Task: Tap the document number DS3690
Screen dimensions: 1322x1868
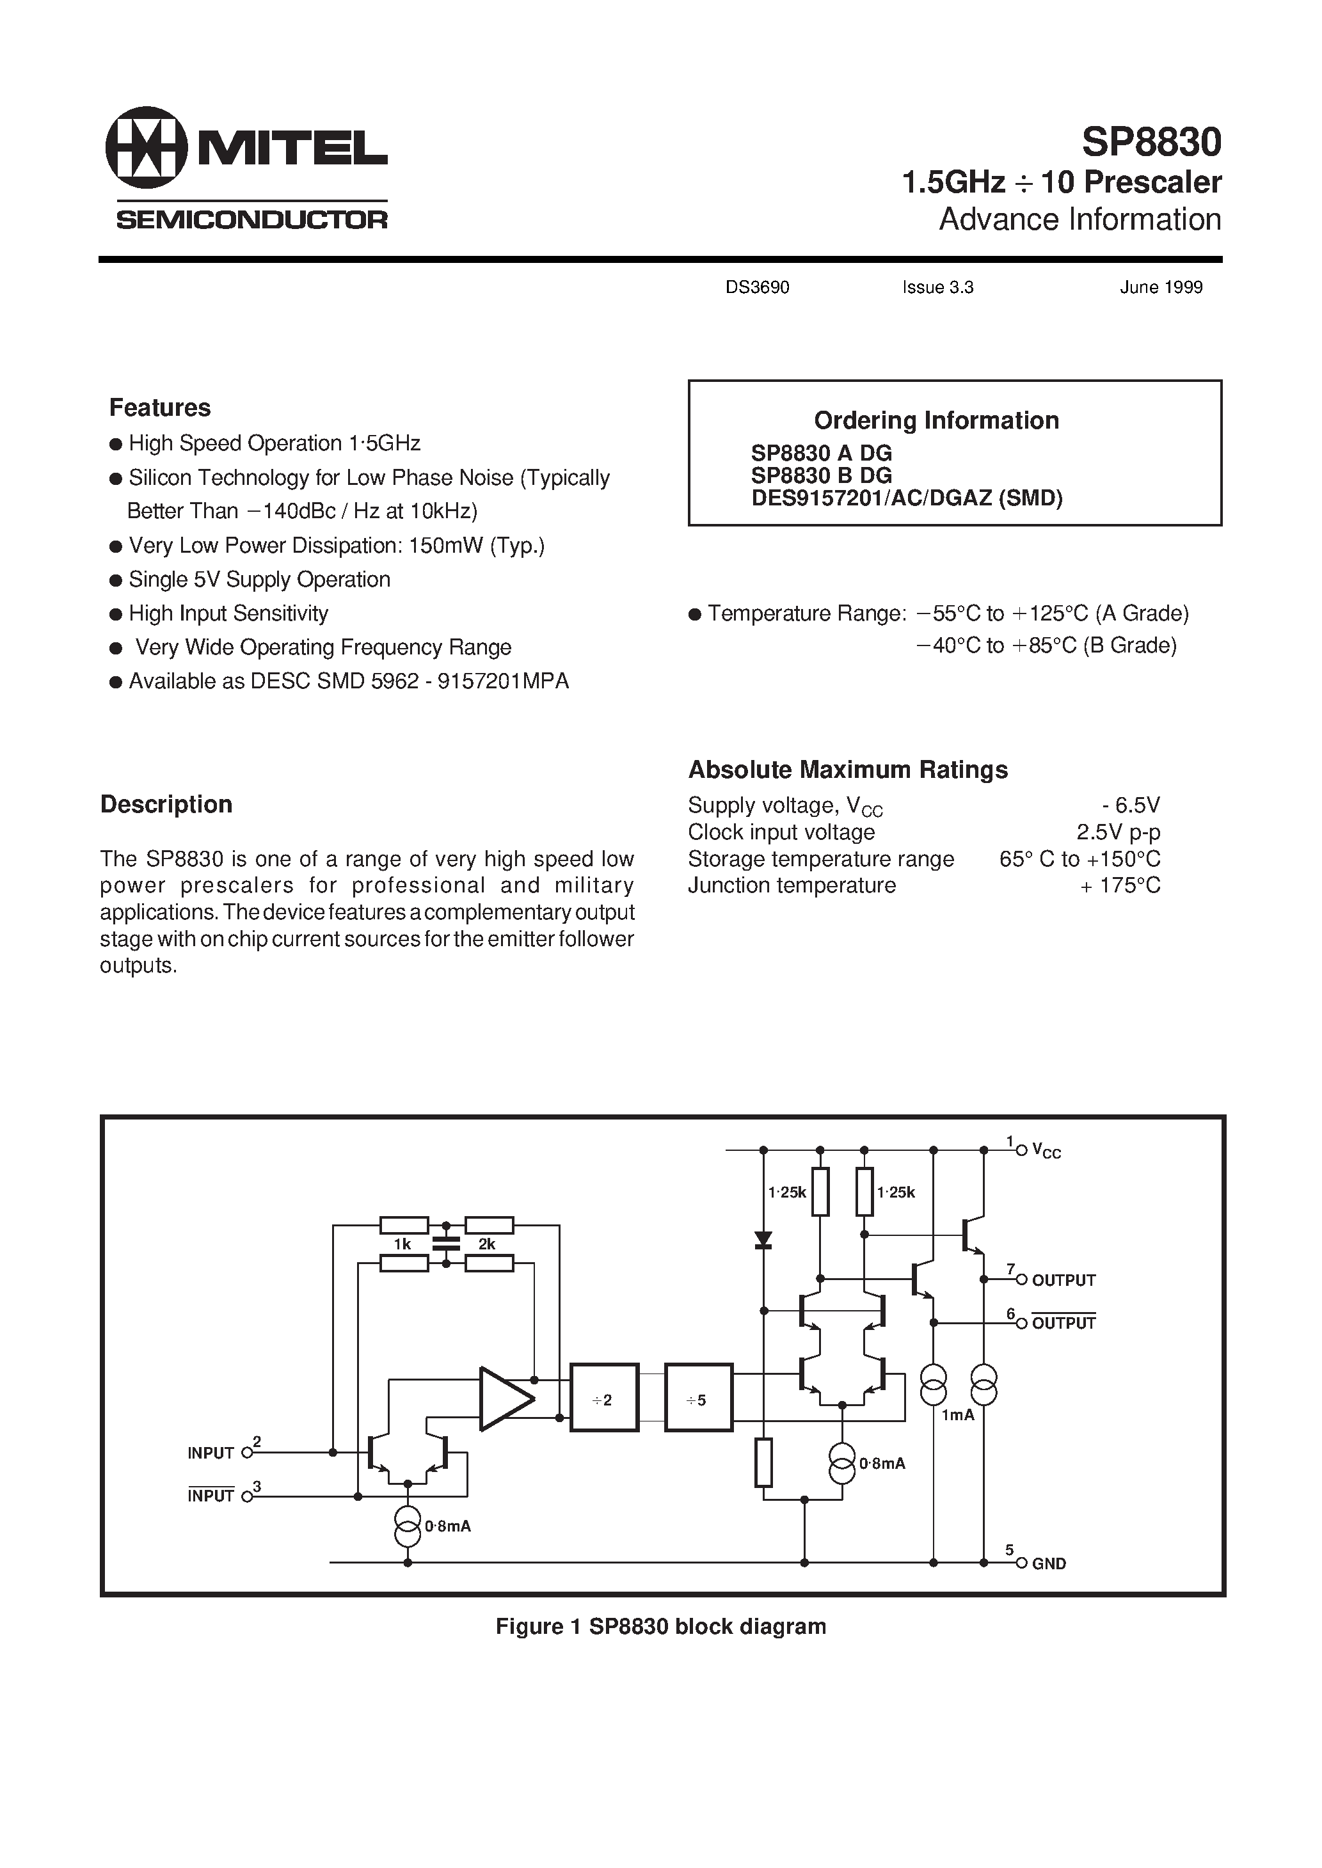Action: click(x=756, y=287)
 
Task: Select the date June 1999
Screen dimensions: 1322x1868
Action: click(x=1160, y=287)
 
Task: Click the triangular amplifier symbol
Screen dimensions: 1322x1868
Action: click(x=506, y=1399)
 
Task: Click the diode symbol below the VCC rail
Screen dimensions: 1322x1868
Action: click(x=763, y=1240)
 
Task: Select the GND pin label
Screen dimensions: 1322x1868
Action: click(x=1049, y=1563)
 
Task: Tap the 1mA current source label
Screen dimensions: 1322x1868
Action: click(x=957, y=1415)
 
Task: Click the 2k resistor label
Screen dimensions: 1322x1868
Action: click(x=487, y=1244)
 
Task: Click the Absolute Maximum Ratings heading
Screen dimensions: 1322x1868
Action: click(x=847, y=769)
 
